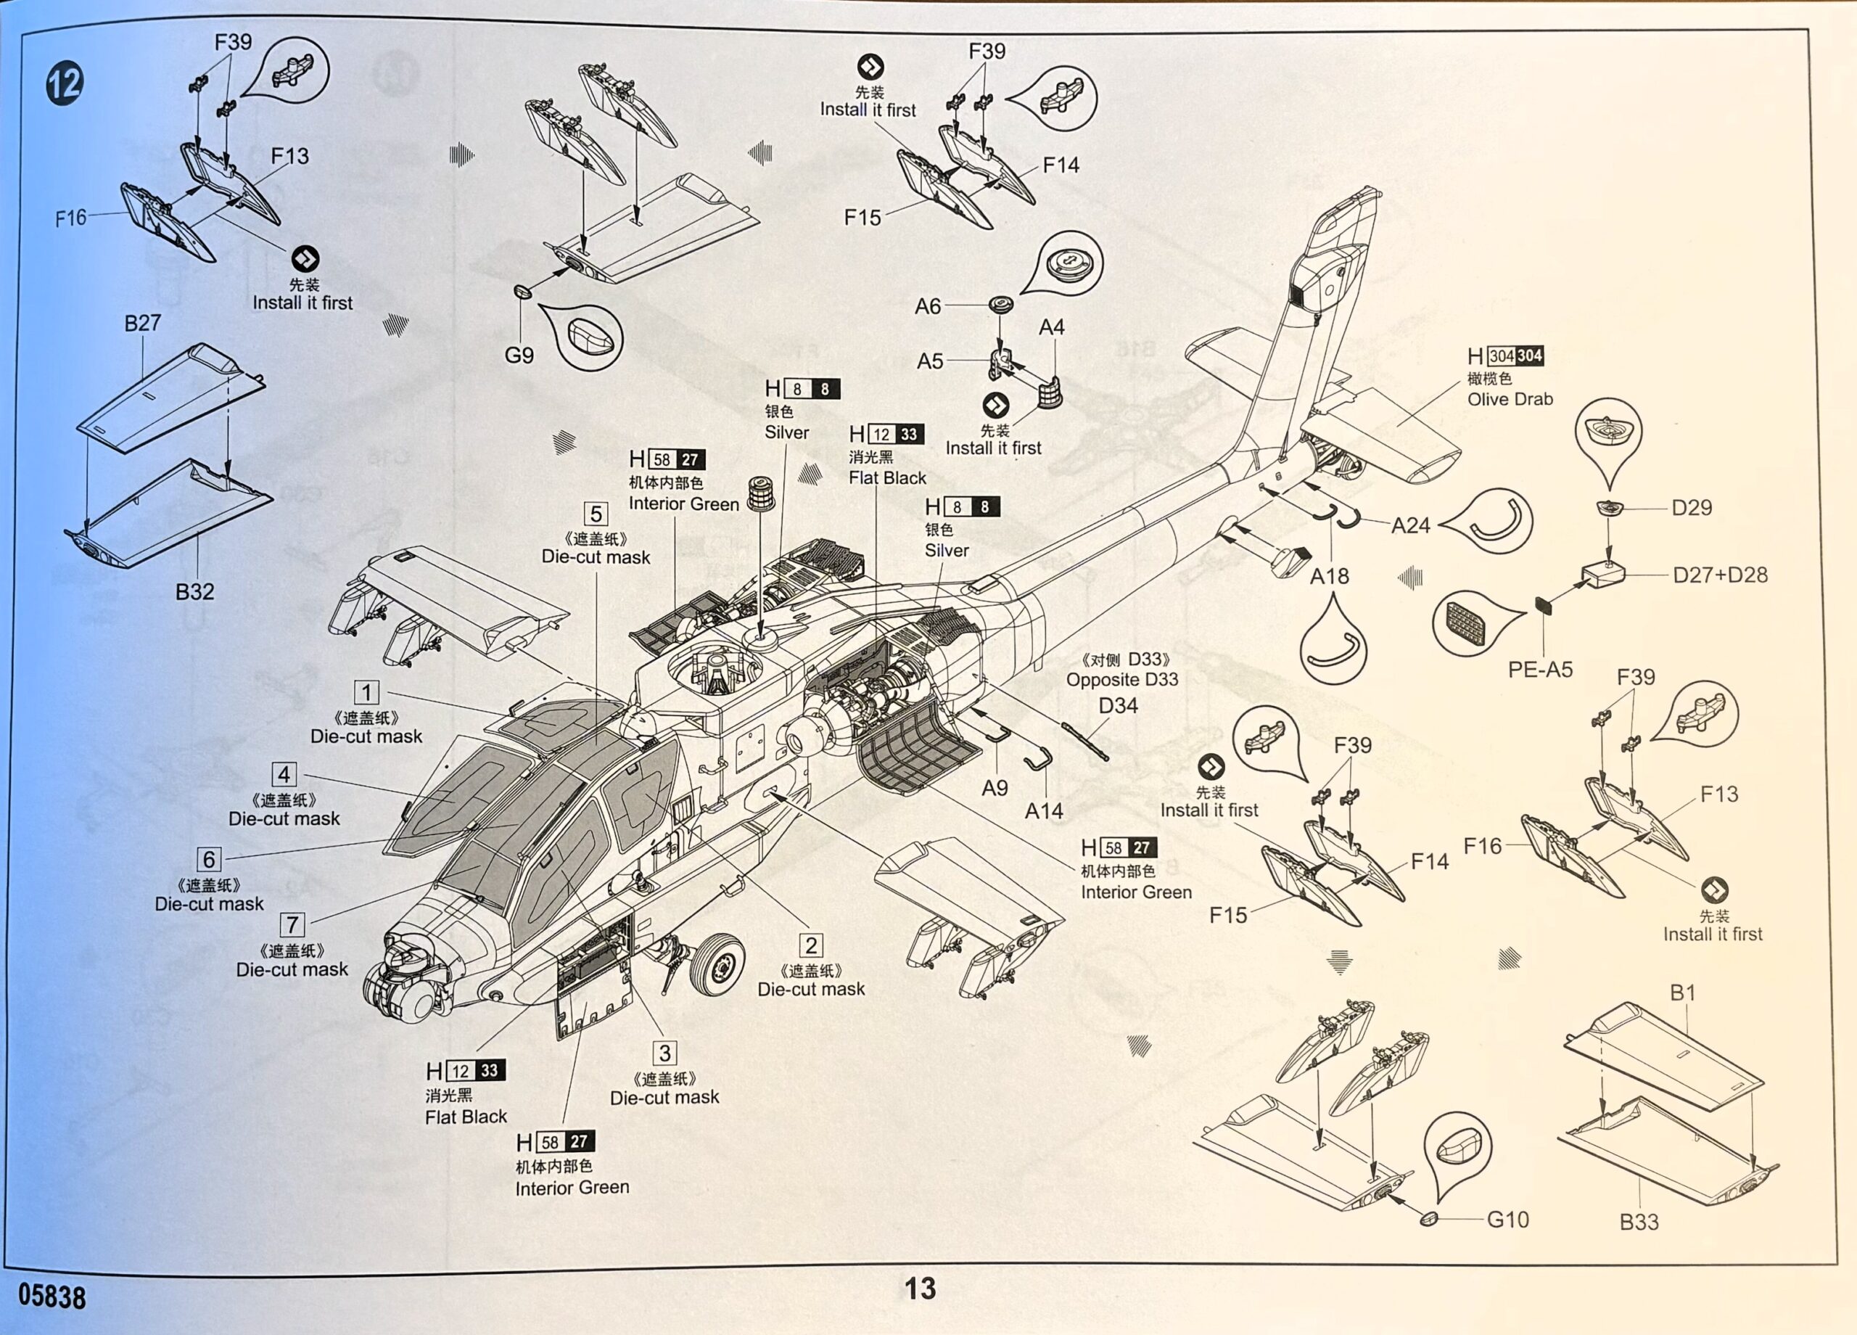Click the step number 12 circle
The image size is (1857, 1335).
coord(65,83)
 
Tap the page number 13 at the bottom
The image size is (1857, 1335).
coord(920,1289)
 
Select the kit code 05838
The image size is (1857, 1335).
coord(52,1297)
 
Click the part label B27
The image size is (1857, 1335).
coord(141,324)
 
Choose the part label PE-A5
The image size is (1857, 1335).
coord(1540,670)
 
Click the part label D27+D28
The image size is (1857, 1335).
coord(1719,575)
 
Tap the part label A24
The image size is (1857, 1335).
coord(1410,526)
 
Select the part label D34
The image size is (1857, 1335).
coord(1118,705)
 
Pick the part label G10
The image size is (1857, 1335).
coord(1507,1220)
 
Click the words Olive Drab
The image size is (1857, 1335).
coord(1510,400)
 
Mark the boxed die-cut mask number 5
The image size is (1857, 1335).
coord(596,514)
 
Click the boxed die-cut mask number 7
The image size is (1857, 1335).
coord(292,924)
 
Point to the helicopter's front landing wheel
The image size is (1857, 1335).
coord(717,964)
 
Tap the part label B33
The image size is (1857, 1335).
coord(1639,1222)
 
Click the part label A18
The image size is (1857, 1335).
coord(1329,577)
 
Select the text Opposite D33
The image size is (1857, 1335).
coord(1121,680)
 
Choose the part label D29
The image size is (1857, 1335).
coord(1691,508)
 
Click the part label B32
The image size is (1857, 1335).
coord(195,591)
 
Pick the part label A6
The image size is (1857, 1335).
coord(928,306)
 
